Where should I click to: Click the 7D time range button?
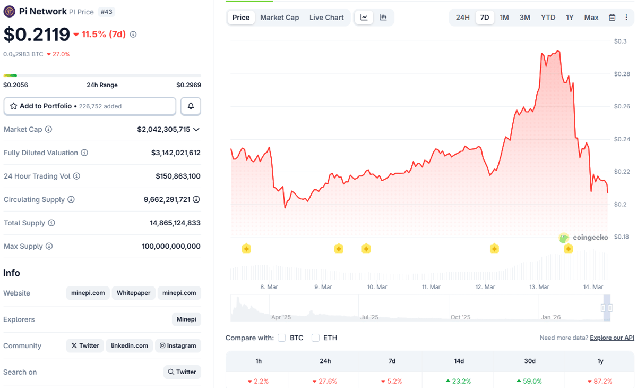click(x=484, y=18)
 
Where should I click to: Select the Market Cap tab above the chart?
click(x=279, y=18)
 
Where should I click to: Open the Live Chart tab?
click(x=326, y=18)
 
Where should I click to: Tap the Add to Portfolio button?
click(x=90, y=106)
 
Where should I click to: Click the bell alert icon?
click(x=191, y=106)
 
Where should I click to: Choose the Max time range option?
click(x=591, y=18)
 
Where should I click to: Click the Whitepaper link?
click(x=134, y=293)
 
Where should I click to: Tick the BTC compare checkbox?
click(x=282, y=338)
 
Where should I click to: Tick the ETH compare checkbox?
click(x=316, y=338)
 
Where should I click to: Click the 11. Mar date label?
click(x=431, y=287)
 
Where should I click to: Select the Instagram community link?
click(x=178, y=345)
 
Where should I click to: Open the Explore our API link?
click(x=612, y=338)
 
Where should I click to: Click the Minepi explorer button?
click(x=186, y=319)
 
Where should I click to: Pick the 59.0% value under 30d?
click(x=529, y=381)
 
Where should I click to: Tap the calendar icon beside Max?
click(x=612, y=18)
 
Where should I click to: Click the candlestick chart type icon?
click(x=383, y=18)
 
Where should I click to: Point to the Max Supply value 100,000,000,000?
click(x=171, y=247)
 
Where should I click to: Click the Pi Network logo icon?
click(x=9, y=11)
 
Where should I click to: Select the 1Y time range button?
click(x=570, y=18)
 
